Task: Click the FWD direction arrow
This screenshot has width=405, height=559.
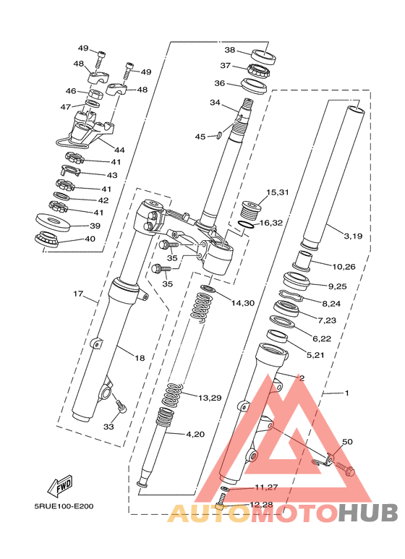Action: click(60, 485)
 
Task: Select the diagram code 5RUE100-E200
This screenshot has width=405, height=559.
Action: click(64, 506)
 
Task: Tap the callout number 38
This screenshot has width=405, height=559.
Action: click(229, 50)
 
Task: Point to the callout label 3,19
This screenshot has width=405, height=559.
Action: click(353, 236)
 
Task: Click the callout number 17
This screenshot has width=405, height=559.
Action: click(78, 294)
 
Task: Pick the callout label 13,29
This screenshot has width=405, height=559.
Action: click(210, 398)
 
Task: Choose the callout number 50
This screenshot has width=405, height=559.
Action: click(347, 442)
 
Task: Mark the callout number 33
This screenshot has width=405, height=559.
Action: click(108, 426)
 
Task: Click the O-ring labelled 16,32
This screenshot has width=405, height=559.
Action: click(246, 225)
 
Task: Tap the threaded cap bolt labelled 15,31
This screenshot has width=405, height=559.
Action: click(252, 210)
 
